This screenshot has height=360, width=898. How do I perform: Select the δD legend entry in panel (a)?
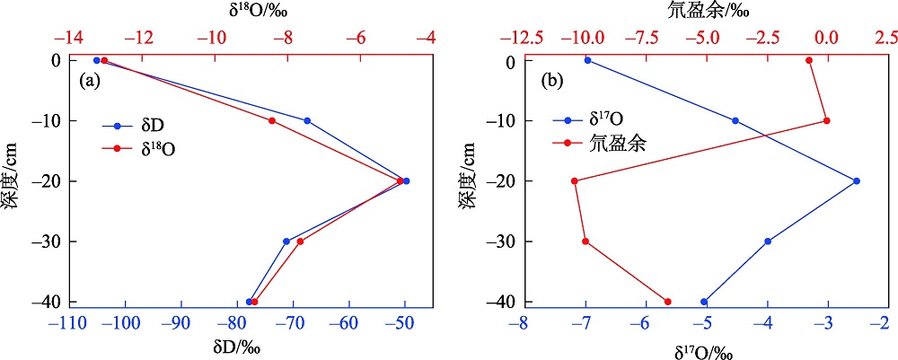(x=145, y=126)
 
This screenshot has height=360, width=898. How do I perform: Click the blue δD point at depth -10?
(x=307, y=120)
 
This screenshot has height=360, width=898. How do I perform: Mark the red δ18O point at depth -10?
(x=272, y=120)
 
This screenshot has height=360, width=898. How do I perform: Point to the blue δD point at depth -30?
(x=286, y=241)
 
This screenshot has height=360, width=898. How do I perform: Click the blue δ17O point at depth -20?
(x=857, y=180)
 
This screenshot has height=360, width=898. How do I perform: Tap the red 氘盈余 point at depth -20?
(x=575, y=180)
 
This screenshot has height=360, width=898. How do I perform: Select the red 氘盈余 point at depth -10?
(x=826, y=120)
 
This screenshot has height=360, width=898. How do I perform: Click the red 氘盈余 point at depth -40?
(x=667, y=302)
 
